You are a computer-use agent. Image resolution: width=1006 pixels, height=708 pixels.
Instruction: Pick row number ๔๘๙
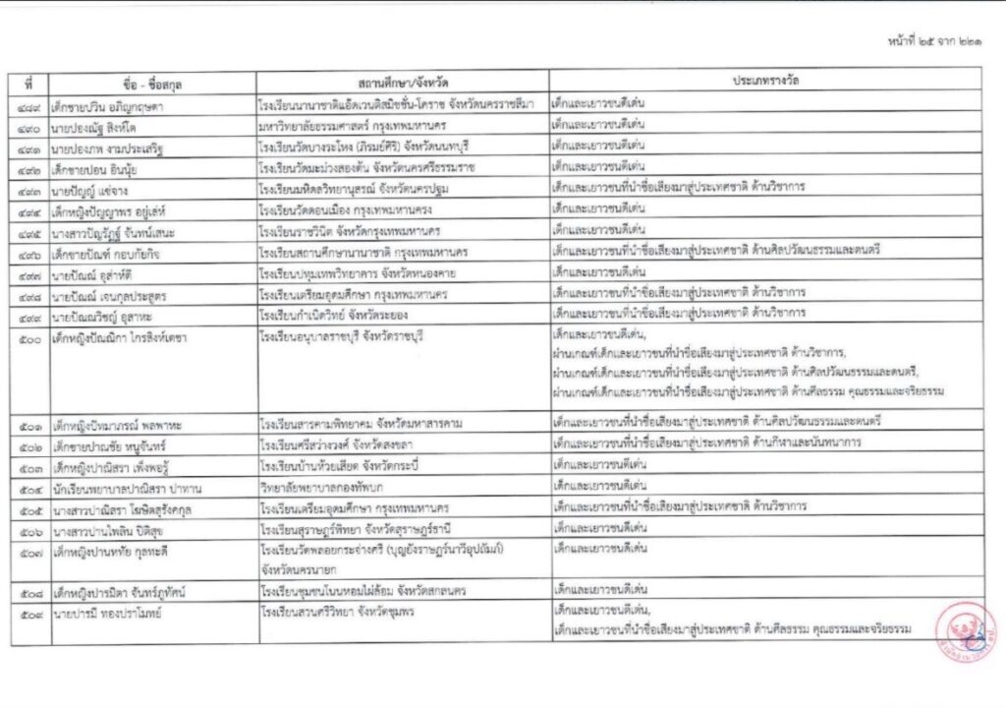29,103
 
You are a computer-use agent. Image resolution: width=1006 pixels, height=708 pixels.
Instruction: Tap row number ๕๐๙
29,614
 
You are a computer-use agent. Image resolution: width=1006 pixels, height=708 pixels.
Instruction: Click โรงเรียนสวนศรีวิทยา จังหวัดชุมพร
340,614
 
